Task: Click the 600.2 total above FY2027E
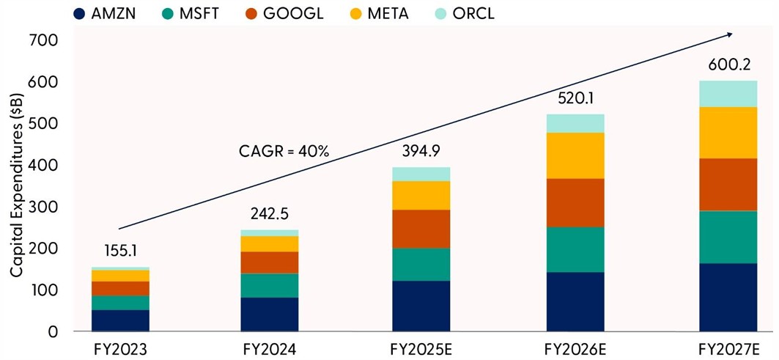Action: point(727,66)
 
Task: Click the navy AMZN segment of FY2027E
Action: point(727,297)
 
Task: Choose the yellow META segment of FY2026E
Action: point(575,155)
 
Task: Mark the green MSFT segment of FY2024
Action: point(269,285)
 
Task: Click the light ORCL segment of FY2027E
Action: point(727,94)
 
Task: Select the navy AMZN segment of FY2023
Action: point(120,320)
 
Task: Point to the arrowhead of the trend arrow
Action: point(729,33)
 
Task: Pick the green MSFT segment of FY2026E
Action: point(575,249)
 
